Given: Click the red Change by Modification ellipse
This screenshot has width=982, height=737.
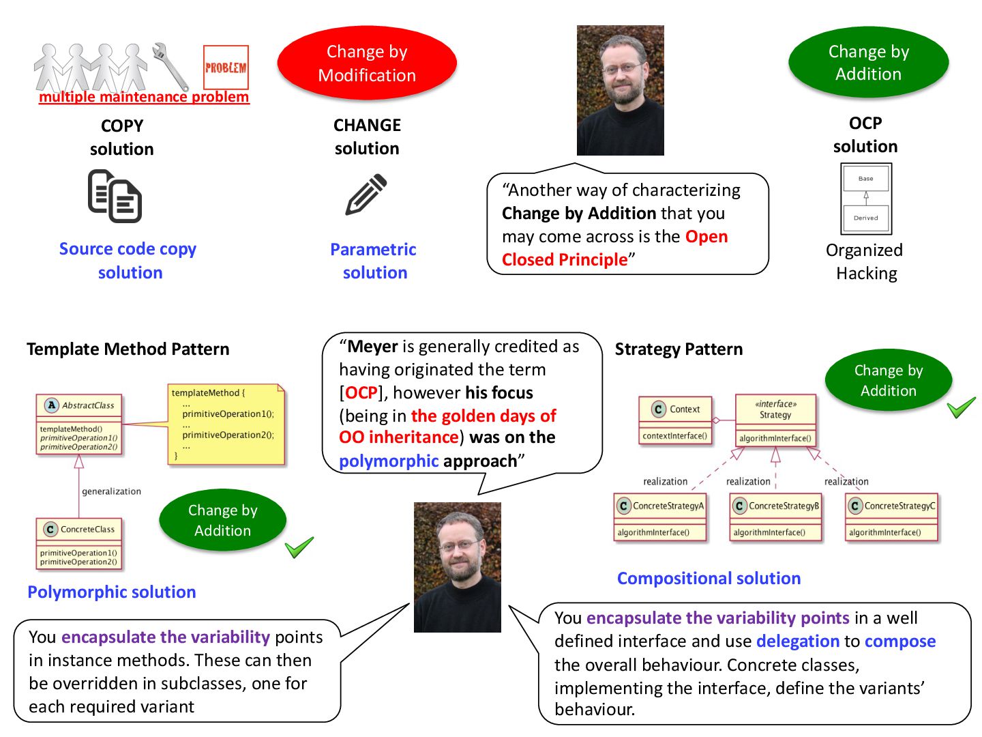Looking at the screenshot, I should [367, 63].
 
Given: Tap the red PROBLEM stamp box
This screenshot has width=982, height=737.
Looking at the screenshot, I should [226, 67].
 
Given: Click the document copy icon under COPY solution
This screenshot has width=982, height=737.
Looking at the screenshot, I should [115, 197].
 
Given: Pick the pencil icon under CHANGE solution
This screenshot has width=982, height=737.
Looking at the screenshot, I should [366, 194].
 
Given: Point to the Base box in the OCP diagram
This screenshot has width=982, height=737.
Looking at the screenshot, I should [866, 179].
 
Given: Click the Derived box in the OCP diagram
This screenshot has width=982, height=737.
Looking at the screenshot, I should [866, 218].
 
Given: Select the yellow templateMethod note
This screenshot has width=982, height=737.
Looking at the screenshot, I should [226, 424].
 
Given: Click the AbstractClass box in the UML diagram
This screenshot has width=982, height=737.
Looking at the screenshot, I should [79, 424].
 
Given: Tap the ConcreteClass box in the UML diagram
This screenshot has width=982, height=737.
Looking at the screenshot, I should [79, 543].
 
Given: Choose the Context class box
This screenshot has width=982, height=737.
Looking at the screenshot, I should [676, 420].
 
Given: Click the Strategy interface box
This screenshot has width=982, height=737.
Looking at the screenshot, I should [775, 420].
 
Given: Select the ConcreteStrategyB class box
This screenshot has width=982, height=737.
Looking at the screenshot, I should [775, 518].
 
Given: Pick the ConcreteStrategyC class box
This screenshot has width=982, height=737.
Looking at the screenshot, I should [892, 518].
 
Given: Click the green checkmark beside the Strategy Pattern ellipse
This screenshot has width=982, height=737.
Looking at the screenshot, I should [961, 409].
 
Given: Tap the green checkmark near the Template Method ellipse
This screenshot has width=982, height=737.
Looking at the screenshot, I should [299, 547].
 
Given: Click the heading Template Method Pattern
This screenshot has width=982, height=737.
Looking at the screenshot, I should [128, 349].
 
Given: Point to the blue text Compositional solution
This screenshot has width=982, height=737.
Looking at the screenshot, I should [709, 579].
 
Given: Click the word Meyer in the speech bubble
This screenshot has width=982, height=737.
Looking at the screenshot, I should [372, 347].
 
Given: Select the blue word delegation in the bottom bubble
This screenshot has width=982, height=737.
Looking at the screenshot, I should [797, 641].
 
